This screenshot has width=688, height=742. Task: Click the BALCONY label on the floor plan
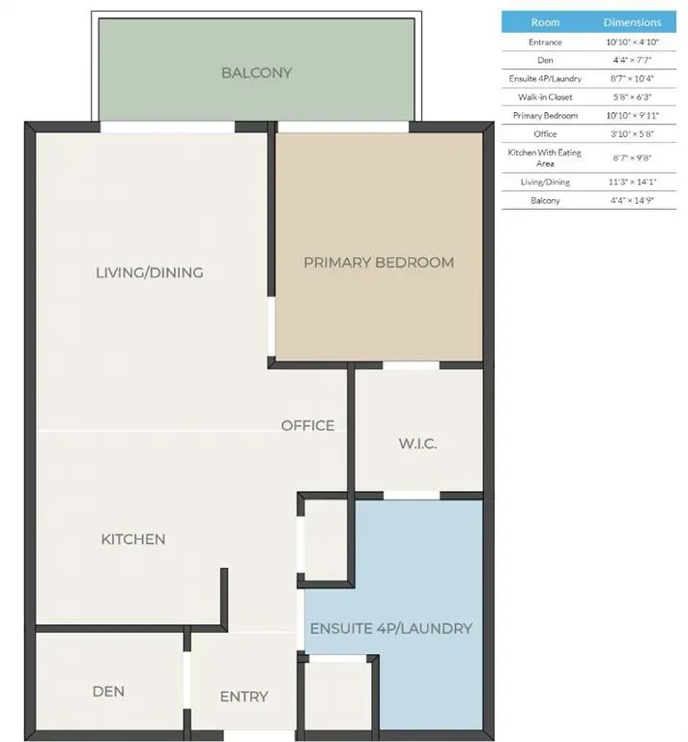tap(256, 73)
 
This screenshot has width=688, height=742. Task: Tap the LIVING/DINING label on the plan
tap(150, 272)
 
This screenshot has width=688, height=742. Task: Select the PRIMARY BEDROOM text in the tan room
tap(378, 263)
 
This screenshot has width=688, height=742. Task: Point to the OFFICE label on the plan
tap(307, 425)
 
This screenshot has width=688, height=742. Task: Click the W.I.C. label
tap(417, 444)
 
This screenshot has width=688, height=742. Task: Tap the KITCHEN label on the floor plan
tap(133, 539)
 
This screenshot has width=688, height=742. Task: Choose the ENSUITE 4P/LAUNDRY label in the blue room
tap(390, 628)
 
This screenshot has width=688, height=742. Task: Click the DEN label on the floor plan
tap(108, 692)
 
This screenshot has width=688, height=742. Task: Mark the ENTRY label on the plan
tap(244, 697)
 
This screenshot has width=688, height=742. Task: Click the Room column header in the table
tap(545, 22)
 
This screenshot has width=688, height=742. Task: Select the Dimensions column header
tap(633, 22)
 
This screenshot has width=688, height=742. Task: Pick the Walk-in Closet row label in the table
tap(545, 97)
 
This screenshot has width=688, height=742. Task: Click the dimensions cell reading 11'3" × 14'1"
tap(633, 182)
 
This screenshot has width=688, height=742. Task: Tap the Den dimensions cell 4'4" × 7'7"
tap(633, 60)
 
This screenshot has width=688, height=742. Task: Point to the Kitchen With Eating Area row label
tap(545, 157)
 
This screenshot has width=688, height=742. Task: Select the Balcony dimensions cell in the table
tap(633, 201)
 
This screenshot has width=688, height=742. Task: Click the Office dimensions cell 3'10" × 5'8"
tap(633, 133)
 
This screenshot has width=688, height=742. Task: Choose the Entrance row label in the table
tap(545, 43)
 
